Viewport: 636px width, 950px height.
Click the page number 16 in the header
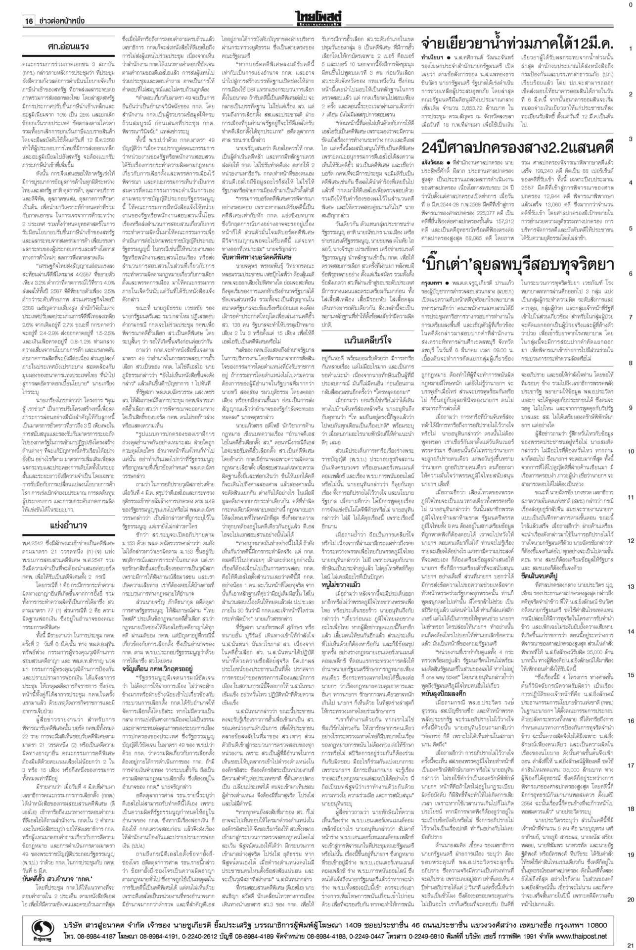[28, 21]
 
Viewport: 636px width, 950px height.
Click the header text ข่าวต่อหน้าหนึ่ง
[65, 21]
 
